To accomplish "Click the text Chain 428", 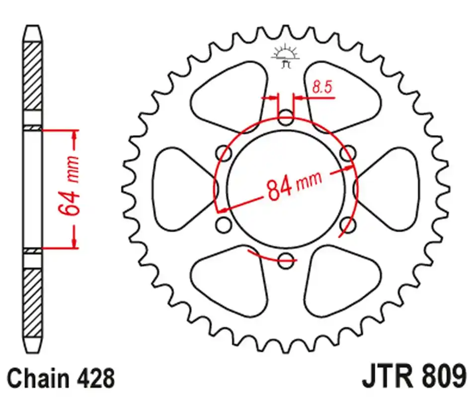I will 61,378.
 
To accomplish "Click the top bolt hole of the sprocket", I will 286,119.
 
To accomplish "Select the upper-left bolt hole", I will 224,153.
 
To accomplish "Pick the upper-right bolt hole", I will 348,153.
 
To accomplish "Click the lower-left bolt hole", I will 224,224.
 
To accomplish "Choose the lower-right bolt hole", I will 348,225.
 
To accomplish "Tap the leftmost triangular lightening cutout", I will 179,189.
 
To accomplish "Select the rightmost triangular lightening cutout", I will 393,189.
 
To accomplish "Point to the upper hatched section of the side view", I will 33,74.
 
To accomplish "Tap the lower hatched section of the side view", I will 33,303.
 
